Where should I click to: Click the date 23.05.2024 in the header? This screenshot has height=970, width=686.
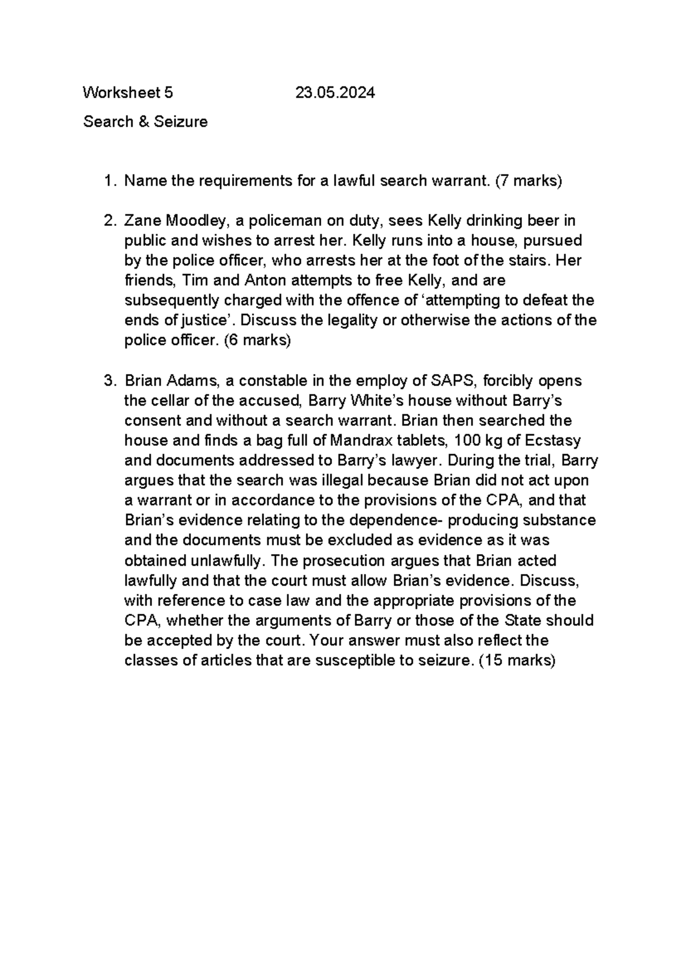coord(335,93)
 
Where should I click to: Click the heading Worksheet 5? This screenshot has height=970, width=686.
coord(128,93)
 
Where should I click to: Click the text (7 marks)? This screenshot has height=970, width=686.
coord(529,181)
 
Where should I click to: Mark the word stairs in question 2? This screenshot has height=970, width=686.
coord(528,261)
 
